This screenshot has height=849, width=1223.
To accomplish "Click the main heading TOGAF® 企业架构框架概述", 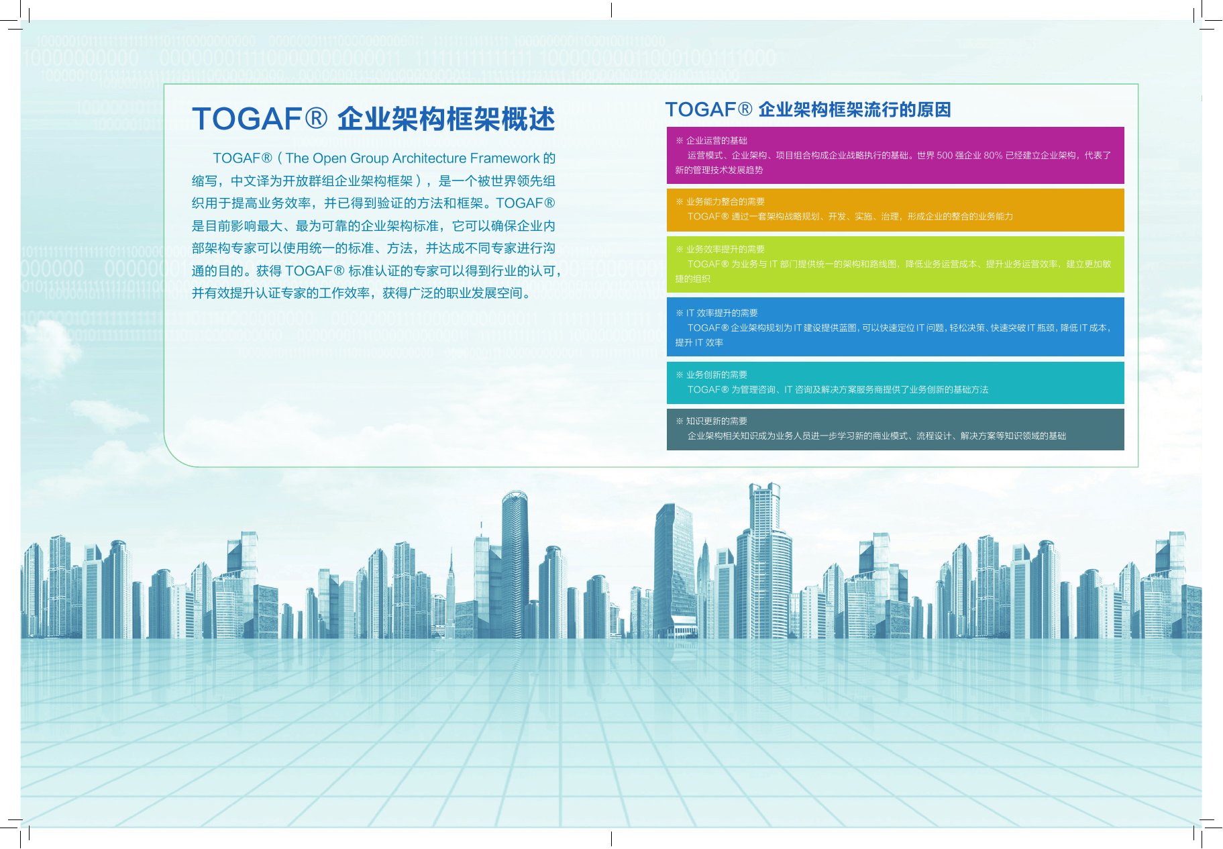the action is point(373,119).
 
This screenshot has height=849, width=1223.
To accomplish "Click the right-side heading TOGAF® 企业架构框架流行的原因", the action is point(808,109).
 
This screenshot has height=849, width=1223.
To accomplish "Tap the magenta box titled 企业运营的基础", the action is point(895,155).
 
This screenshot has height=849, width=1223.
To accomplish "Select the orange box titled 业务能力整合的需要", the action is point(895,210).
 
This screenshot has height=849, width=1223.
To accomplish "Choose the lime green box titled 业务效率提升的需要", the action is point(895,264).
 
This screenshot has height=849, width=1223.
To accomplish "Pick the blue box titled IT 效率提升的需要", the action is point(895,327).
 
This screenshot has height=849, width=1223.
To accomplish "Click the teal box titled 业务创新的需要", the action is point(895,383).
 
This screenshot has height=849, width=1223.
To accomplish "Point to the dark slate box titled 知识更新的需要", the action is point(895,430).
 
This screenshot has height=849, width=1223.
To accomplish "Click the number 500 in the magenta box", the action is point(945,156).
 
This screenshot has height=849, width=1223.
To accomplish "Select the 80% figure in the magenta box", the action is point(993,156).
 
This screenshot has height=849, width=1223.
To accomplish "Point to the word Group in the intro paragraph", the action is point(370,159).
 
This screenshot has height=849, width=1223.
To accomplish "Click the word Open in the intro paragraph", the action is point(330,159).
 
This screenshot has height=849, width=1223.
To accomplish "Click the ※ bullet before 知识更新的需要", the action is point(680,421).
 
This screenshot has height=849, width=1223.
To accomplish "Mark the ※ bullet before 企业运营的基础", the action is point(680,141).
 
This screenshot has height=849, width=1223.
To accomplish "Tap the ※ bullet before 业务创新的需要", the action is point(680,375).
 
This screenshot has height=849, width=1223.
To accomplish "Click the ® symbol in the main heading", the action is point(316,119).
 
